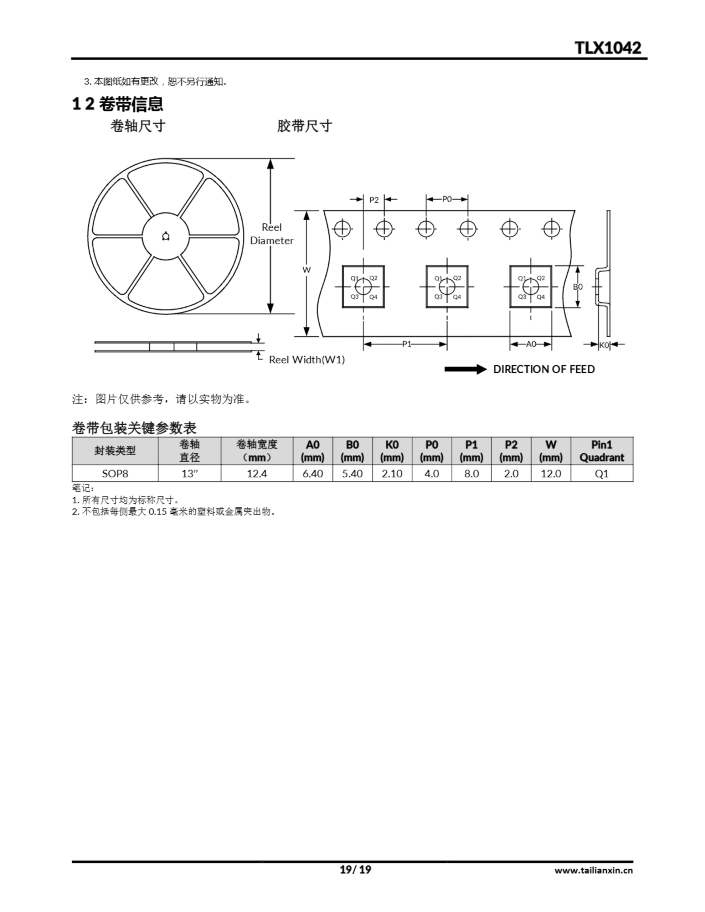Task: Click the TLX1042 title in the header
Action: [x=608, y=48]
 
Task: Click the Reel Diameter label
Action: [x=272, y=234]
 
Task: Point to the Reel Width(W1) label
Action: [x=307, y=359]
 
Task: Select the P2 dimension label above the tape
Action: [x=374, y=200]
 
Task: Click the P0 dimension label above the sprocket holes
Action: [x=447, y=199]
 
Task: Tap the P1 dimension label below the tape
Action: [x=407, y=344]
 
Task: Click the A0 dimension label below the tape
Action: [x=531, y=344]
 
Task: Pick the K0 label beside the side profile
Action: [x=604, y=345]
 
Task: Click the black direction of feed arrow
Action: [x=465, y=369]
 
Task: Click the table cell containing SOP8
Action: [x=115, y=473]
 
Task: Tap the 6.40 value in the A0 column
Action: [x=313, y=473]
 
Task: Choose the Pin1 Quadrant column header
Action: [x=602, y=451]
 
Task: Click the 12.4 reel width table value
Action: [x=257, y=473]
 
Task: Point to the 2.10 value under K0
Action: [x=392, y=473]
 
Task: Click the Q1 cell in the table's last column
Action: [x=602, y=473]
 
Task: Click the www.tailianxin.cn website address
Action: [x=593, y=871]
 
